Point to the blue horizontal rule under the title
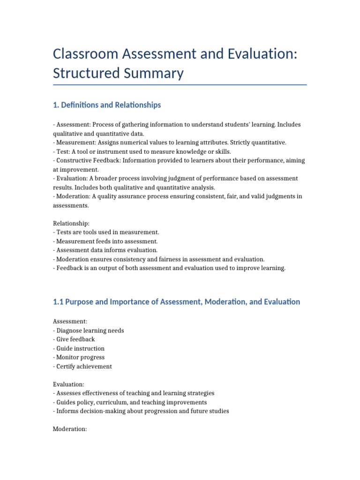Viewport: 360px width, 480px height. (180, 85)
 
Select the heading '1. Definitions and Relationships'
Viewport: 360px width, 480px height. (107, 105)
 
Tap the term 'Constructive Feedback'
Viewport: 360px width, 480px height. (86, 160)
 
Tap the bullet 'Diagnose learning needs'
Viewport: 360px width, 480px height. (89, 330)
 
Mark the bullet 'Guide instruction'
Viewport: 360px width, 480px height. (79, 348)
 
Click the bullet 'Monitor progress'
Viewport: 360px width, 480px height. (79, 357)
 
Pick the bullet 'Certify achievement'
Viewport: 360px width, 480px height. (83, 366)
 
